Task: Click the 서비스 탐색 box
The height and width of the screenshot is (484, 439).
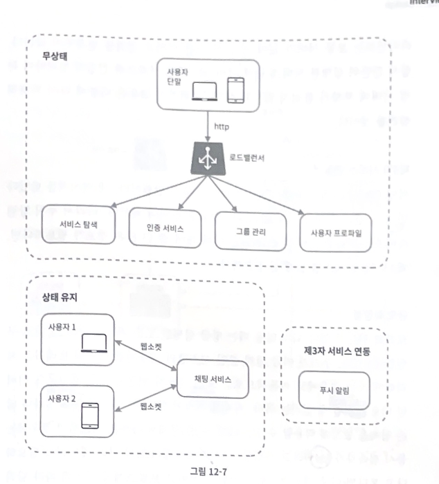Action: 77,225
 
